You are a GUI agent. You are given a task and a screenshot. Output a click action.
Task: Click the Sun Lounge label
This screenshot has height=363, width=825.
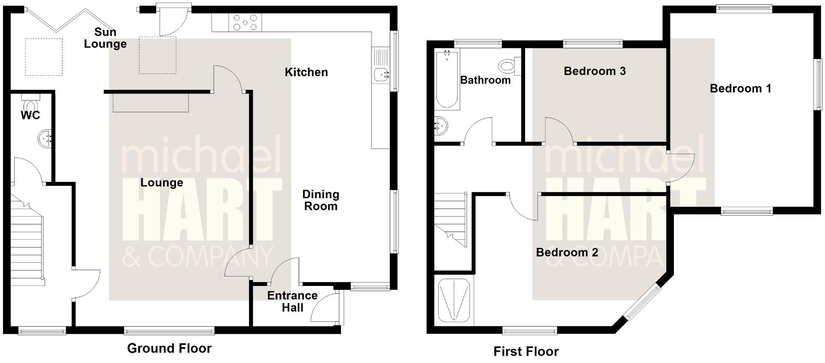click(105, 38)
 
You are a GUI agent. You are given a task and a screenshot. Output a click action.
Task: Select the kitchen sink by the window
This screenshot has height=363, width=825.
click(380, 74)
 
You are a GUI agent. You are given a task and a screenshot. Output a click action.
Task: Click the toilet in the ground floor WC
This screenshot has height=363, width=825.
click(31, 104)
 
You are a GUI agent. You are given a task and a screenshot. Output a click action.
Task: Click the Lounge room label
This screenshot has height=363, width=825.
click(162, 183)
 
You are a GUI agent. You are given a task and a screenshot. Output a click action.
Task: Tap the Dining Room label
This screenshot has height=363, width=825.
click(321, 200)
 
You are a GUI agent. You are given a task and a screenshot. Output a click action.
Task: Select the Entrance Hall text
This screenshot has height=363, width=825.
click(292, 301)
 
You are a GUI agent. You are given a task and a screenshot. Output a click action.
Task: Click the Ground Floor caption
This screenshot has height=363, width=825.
click(169, 348)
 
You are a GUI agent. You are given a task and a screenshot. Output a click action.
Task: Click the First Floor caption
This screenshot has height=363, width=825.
click(526, 352)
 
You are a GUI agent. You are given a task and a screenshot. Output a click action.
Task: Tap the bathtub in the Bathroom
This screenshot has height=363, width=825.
click(447, 79)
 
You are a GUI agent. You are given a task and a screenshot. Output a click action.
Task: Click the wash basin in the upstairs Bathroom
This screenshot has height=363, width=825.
click(440, 125)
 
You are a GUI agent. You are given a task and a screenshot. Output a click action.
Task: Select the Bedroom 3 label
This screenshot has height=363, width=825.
click(595, 71)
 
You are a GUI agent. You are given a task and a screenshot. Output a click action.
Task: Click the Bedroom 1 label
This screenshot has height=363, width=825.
click(740, 89)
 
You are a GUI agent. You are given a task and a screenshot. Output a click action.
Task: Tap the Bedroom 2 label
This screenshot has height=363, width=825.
click(567, 253)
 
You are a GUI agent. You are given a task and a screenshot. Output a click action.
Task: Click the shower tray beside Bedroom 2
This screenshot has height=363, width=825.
click(454, 300)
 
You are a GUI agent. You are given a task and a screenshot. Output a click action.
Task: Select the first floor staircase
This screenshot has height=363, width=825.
click(450, 219)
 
